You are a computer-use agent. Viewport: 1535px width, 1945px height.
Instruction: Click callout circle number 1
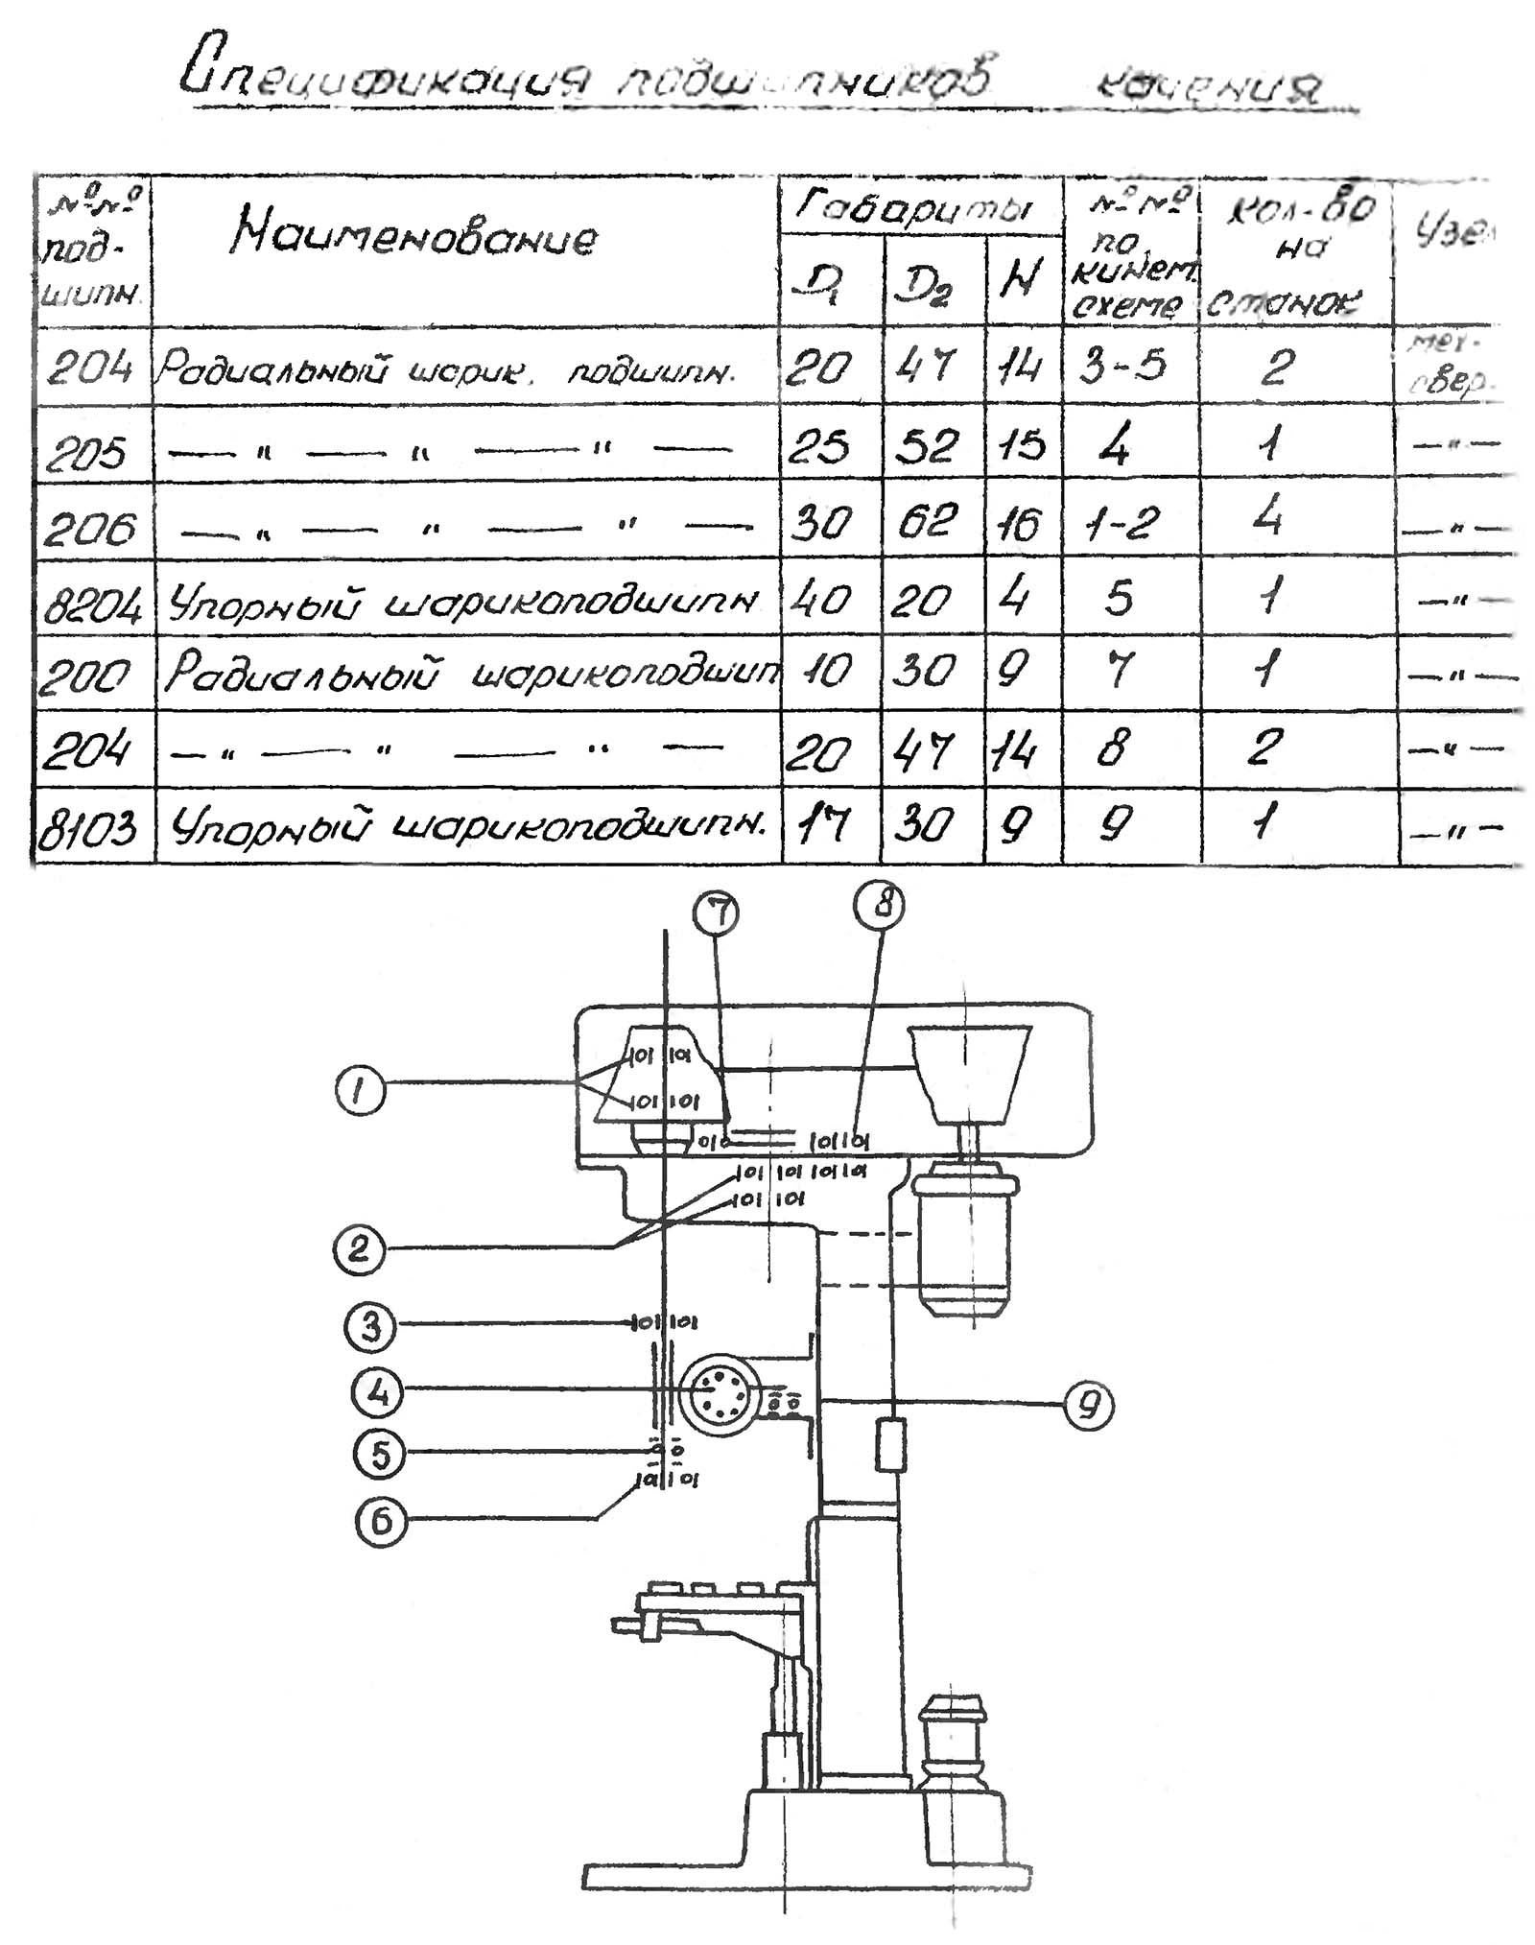tap(359, 1091)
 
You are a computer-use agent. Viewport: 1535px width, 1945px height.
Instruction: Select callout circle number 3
tap(370, 1327)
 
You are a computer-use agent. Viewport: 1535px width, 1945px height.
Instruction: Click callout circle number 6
tap(381, 1522)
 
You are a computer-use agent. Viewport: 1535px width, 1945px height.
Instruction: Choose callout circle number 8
tap(880, 905)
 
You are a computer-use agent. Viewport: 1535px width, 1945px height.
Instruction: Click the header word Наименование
tap(413, 235)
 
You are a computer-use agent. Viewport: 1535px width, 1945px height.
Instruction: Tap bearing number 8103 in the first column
tap(89, 827)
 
